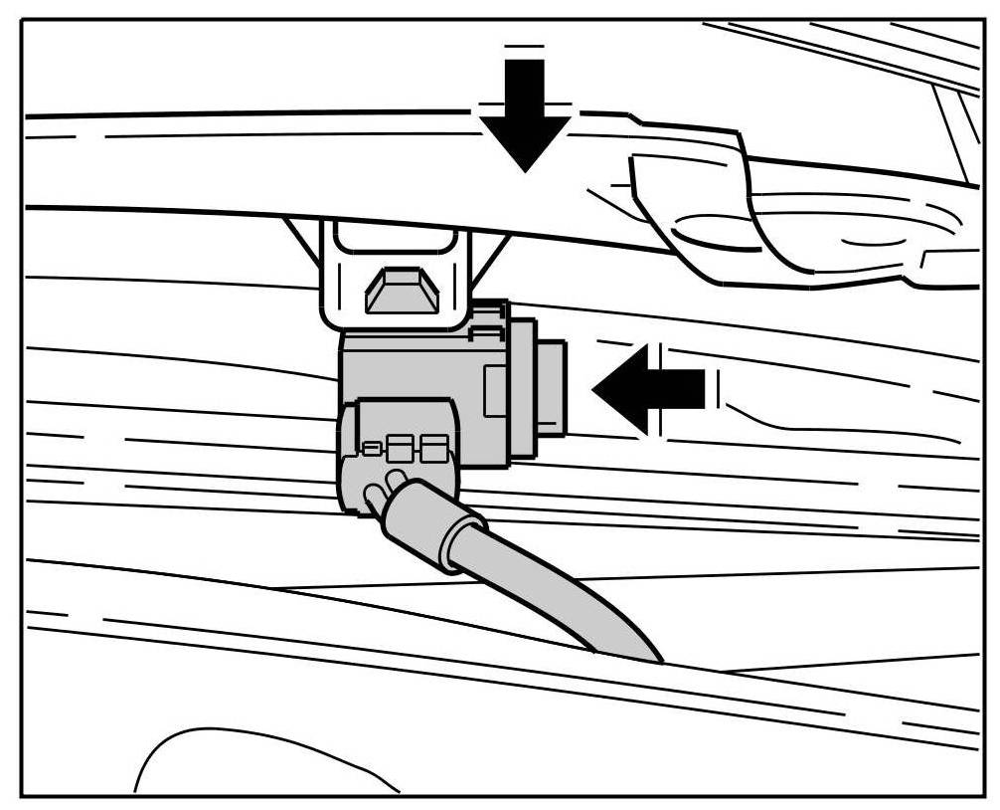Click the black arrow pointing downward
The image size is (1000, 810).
(x=525, y=114)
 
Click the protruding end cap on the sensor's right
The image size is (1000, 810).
(x=554, y=388)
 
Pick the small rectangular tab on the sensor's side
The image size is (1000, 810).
(x=495, y=389)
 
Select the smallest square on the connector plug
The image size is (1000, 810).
(x=370, y=450)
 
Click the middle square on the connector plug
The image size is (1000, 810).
(x=400, y=449)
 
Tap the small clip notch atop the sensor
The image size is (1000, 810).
(x=486, y=316)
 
